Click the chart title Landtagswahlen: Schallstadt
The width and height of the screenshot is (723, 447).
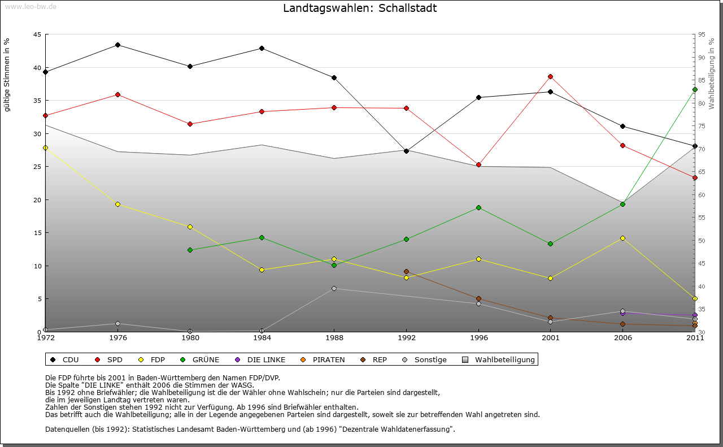[360, 8]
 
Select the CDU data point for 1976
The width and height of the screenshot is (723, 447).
[117, 45]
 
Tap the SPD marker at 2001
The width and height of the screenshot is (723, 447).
[551, 76]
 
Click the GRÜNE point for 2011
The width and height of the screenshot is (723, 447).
[695, 89]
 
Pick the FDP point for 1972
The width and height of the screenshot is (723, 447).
[45, 147]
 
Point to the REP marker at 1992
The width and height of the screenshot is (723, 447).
[406, 272]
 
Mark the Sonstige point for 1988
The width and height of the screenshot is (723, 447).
[334, 288]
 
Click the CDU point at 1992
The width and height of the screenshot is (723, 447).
[406, 151]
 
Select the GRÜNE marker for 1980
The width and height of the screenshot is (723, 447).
[190, 250]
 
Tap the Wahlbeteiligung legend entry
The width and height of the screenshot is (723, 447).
[499, 359]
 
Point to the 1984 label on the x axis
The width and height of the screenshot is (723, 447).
[262, 338]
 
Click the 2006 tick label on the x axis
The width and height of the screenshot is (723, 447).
[623, 338]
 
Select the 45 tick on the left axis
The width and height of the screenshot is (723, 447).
[37, 34]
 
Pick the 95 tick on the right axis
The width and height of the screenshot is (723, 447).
[702, 34]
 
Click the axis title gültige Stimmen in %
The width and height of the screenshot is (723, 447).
[7, 75]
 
